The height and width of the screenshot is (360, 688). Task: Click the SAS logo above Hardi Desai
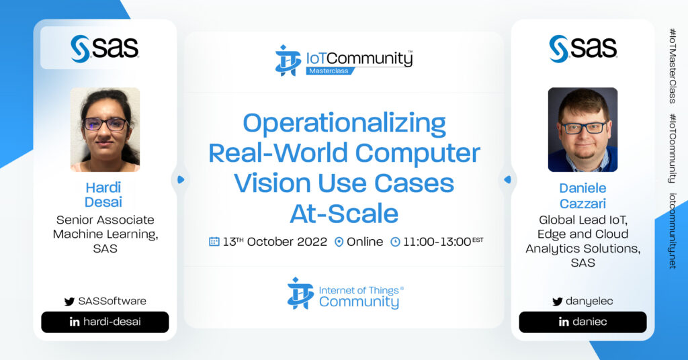pyautogui.click(x=104, y=48)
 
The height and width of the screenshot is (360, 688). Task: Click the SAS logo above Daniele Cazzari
pyautogui.click(x=583, y=48)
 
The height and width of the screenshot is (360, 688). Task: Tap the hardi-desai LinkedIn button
pyautogui.click(x=105, y=322)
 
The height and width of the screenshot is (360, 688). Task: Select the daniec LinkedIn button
pyautogui.click(x=583, y=322)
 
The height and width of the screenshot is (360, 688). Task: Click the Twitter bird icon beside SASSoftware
pyautogui.click(x=69, y=302)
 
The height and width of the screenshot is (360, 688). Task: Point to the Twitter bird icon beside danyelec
pyautogui.click(x=557, y=302)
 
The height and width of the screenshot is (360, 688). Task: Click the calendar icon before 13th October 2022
pyautogui.click(x=214, y=242)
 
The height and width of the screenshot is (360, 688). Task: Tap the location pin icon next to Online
pyautogui.click(x=339, y=242)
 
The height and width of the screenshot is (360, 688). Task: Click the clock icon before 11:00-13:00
pyautogui.click(x=395, y=242)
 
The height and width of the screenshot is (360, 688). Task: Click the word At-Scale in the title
pyautogui.click(x=344, y=214)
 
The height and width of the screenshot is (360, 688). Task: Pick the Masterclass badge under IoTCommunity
pyautogui.click(x=329, y=71)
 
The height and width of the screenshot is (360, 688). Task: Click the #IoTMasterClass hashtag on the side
pyautogui.click(x=672, y=66)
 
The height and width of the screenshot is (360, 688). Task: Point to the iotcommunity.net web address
pyautogui.click(x=672, y=230)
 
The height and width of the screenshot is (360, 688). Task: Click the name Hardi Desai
pyautogui.click(x=103, y=195)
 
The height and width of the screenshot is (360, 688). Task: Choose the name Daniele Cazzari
pyautogui.click(x=583, y=195)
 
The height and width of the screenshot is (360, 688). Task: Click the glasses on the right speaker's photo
pyautogui.click(x=584, y=128)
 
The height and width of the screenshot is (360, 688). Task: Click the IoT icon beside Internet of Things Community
pyautogui.click(x=300, y=293)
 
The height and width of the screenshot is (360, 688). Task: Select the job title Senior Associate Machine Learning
pyautogui.click(x=105, y=227)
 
